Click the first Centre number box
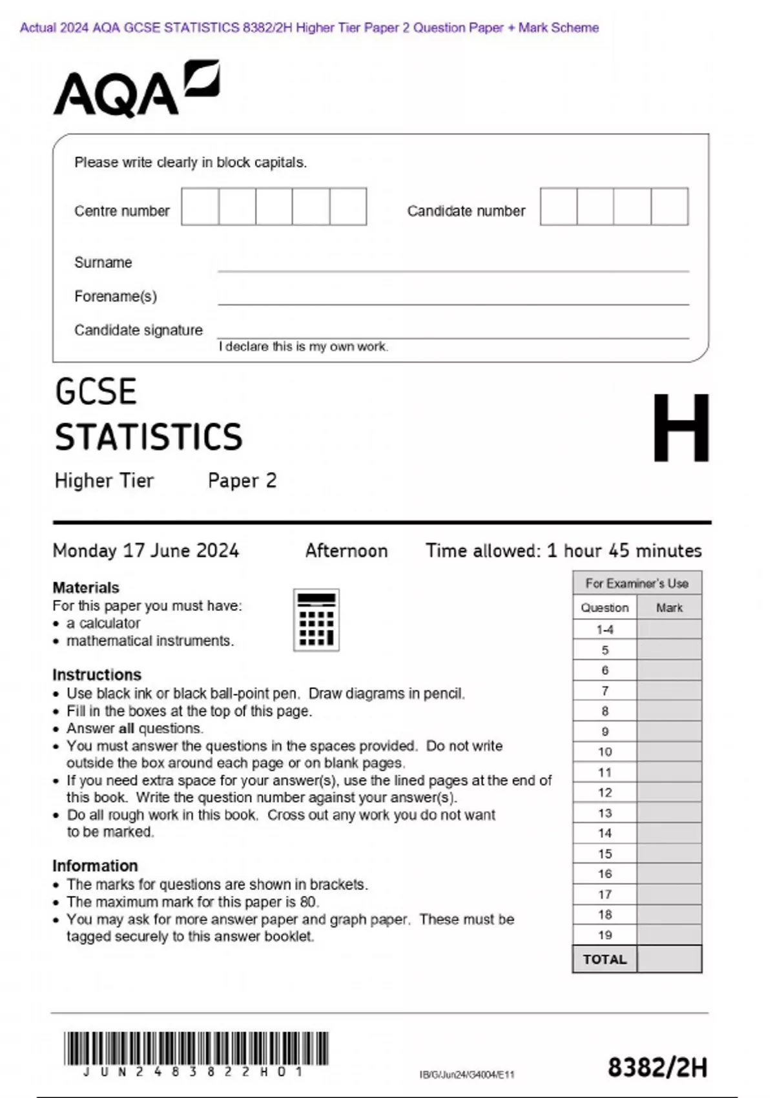click(200, 207)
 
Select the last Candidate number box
click(670, 207)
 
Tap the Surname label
click(103, 262)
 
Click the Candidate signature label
click(138, 330)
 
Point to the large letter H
click(681, 428)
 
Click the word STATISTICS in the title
click(149, 437)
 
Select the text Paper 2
click(242, 481)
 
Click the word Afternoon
click(346, 551)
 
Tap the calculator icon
click(316, 619)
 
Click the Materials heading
click(86, 588)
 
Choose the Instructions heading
click(97, 675)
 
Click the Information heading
click(95, 865)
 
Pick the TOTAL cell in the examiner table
click(604, 959)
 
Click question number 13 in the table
click(604, 813)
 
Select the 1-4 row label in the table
click(604, 630)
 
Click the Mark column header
click(669, 608)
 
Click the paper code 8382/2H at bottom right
click(657, 1068)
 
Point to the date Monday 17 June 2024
click(146, 551)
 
